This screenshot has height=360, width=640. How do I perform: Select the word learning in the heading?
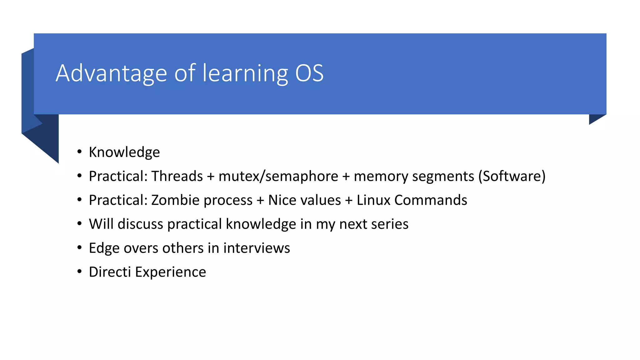click(x=245, y=73)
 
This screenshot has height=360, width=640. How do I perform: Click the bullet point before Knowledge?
click(x=80, y=152)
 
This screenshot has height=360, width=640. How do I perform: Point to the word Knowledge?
click(x=124, y=152)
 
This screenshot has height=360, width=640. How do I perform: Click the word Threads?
click(x=177, y=176)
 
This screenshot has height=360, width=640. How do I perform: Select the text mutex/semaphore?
click(x=278, y=176)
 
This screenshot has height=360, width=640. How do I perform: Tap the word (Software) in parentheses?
click(x=512, y=176)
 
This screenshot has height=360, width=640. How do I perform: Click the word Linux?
click(x=373, y=200)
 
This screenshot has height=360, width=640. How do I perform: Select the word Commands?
click(x=431, y=200)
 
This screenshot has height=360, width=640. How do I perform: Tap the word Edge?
click(x=104, y=248)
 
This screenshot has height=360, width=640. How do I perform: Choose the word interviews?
click(x=257, y=248)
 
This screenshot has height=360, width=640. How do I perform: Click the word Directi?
click(x=110, y=272)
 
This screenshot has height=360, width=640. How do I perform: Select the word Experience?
click(x=170, y=272)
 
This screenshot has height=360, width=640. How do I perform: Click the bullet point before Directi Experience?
click(x=80, y=272)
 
